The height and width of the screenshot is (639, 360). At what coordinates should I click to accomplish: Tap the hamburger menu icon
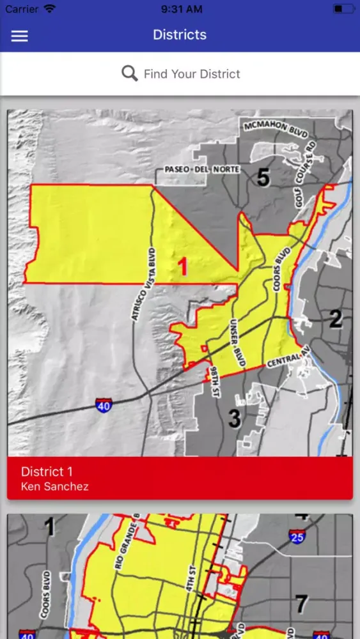(20, 36)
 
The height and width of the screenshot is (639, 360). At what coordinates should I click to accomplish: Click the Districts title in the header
(180, 35)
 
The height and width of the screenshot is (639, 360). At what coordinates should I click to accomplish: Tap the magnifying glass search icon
(130, 73)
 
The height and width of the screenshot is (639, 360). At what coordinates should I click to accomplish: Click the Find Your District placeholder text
(192, 74)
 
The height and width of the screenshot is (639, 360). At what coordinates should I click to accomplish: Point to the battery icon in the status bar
(343, 10)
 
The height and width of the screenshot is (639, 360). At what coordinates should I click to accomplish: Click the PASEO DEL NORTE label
(192, 170)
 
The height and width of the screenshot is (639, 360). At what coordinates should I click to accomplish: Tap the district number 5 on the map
(263, 178)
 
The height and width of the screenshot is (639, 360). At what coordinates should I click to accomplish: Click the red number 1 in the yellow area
(183, 266)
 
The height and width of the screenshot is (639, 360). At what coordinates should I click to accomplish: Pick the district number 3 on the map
(235, 419)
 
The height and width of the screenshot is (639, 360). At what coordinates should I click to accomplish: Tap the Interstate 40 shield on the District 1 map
(104, 404)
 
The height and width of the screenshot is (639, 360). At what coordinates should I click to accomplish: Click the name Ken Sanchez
(54, 487)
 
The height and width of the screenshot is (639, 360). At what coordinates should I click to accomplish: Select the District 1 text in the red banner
(47, 472)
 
